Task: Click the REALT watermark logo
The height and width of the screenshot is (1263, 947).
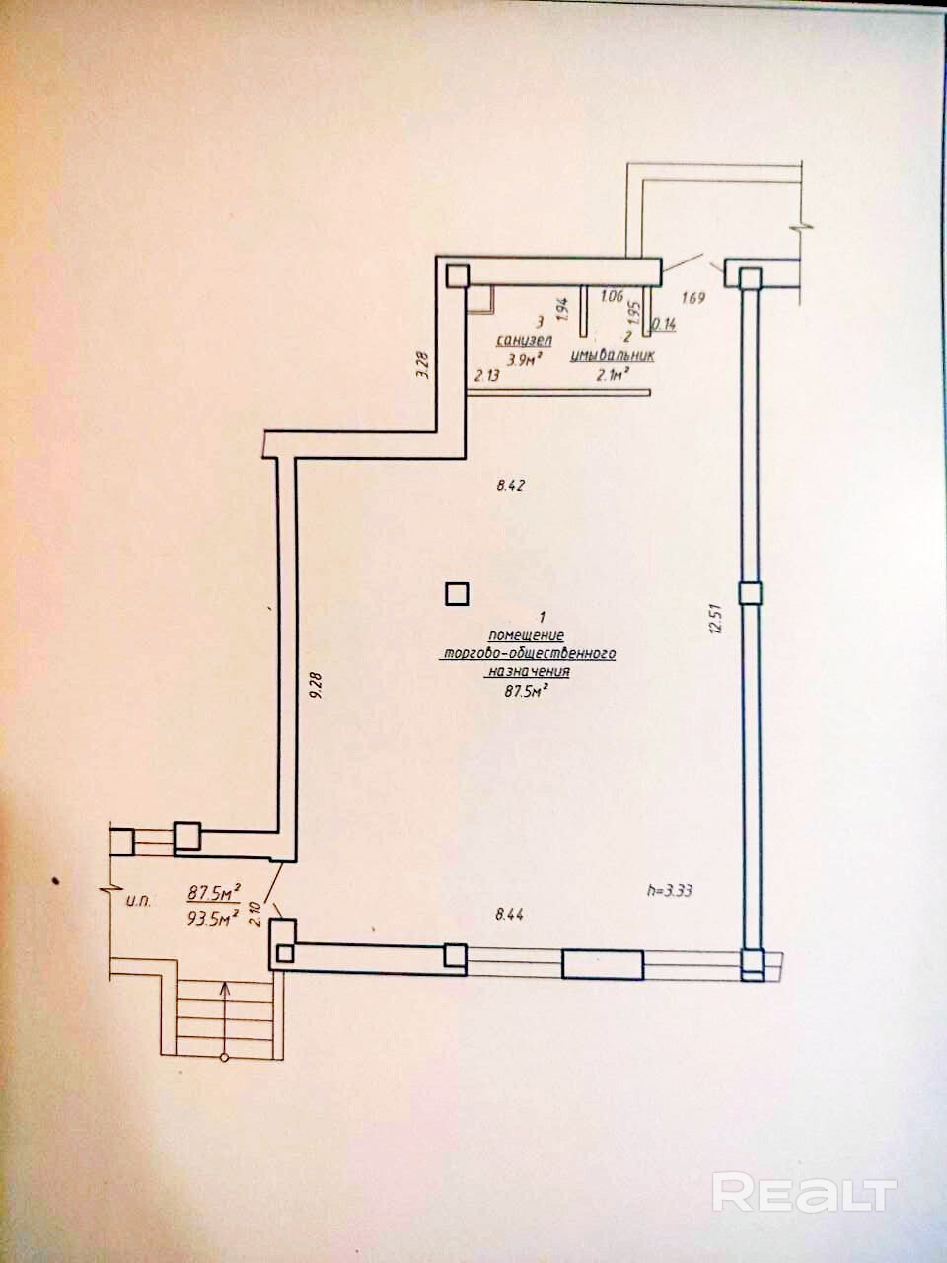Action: click(804, 1194)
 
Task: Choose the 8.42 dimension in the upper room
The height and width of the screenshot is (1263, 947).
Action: click(513, 484)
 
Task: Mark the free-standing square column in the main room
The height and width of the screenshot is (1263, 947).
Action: click(456, 594)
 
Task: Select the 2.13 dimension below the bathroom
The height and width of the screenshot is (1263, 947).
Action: click(488, 375)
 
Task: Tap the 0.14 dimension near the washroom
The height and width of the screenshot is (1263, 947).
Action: click(664, 322)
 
